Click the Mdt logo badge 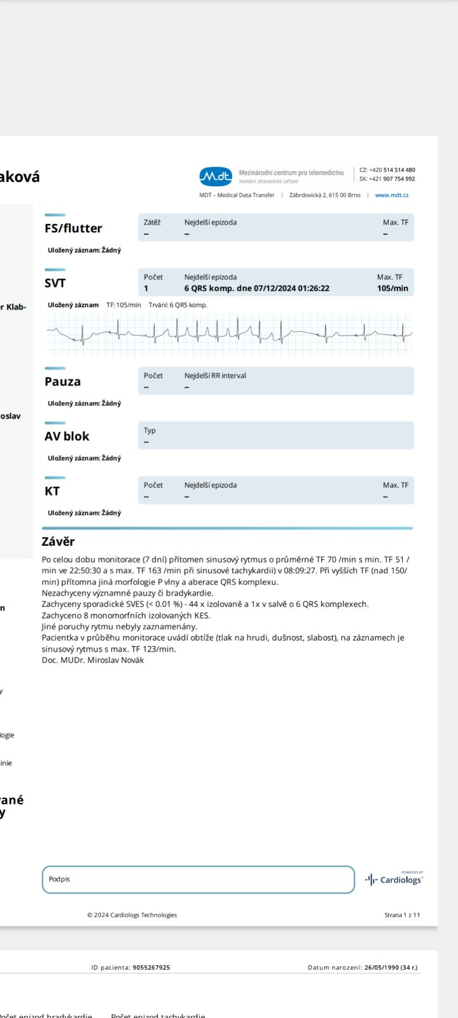tap(216, 176)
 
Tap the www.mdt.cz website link tap(392, 195)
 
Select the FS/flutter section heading tap(73, 228)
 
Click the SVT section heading tap(55, 283)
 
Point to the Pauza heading tap(62, 382)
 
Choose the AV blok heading tap(67, 436)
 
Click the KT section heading tap(52, 491)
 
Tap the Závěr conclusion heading tap(58, 542)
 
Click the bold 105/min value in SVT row tap(392, 288)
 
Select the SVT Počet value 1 tap(146, 288)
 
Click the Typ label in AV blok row tap(149, 430)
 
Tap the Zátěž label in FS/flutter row tap(152, 223)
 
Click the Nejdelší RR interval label tap(215, 375)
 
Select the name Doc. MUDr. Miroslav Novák tap(93, 660)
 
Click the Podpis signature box tap(198, 879)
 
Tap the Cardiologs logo tap(394, 879)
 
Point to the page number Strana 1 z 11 tap(402, 915)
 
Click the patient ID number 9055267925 tap(151, 968)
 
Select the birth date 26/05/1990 tap(380, 968)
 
